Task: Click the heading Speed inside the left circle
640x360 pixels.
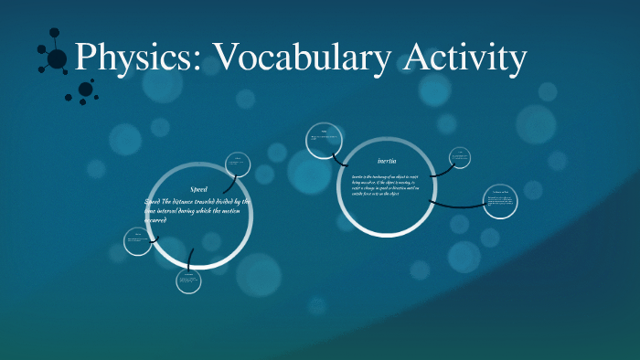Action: [x=198, y=188]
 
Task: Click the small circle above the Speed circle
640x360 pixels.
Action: [x=238, y=164]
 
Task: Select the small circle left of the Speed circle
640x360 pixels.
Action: [x=138, y=241]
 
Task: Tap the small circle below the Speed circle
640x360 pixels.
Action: [x=188, y=281]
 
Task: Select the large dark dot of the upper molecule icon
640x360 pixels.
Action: [x=57, y=58]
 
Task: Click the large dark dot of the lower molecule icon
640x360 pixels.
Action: [x=86, y=89]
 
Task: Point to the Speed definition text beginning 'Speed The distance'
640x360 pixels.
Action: [x=197, y=211]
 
